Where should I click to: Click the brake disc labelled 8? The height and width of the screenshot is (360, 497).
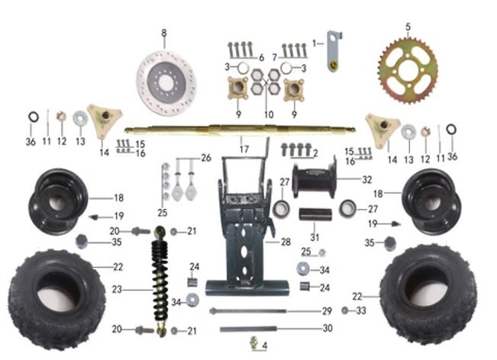[166, 79]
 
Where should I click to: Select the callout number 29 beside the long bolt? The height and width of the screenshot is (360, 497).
[326, 312]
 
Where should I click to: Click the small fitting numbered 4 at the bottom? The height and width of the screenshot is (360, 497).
[253, 345]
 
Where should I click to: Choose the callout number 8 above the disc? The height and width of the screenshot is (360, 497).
[163, 32]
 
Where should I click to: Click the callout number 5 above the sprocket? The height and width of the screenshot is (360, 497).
[408, 27]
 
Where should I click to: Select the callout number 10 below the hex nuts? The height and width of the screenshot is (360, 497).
[268, 114]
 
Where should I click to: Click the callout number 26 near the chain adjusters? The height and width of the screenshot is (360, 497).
[206, 159]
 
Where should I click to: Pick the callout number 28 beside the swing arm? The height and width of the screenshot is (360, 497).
[286, 242]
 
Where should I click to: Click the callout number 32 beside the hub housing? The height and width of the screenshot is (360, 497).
[368, 181]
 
